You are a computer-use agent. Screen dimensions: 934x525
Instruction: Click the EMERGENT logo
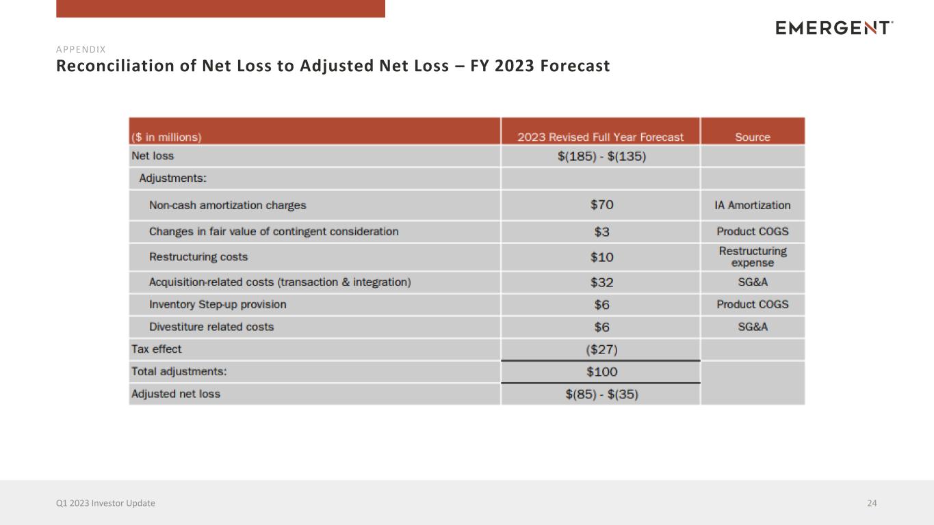point(834,28)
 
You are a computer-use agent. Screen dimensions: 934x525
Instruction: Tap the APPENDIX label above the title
point(81,49)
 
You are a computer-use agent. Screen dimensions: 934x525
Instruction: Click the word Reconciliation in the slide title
point(115,66)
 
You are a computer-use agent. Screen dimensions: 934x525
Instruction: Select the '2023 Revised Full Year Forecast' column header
point(601,137)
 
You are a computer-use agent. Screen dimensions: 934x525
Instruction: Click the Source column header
point(753,137)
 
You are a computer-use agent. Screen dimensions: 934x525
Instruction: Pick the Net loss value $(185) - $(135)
point(601,157)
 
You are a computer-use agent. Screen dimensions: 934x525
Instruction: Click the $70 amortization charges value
point(601,204)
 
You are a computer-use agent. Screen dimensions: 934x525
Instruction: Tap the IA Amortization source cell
point(753,205)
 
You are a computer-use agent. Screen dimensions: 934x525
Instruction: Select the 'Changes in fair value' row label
point(274,232)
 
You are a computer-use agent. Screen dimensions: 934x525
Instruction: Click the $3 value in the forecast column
point(601,232)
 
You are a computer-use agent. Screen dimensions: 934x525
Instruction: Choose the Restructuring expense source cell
point(753,256)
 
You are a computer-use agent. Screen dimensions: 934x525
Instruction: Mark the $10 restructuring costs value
point(601,257)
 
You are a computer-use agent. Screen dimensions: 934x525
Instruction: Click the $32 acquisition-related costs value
point(601,282)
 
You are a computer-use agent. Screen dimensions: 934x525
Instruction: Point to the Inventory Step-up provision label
point(218,305)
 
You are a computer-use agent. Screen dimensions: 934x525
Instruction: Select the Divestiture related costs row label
point(211,327)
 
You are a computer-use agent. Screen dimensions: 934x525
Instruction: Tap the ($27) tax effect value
point(601,349)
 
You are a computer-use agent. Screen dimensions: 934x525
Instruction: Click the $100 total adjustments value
point(601,372)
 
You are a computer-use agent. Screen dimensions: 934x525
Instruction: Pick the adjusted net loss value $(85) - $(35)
point(601,394)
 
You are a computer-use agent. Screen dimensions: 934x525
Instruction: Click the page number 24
point(872,503)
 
